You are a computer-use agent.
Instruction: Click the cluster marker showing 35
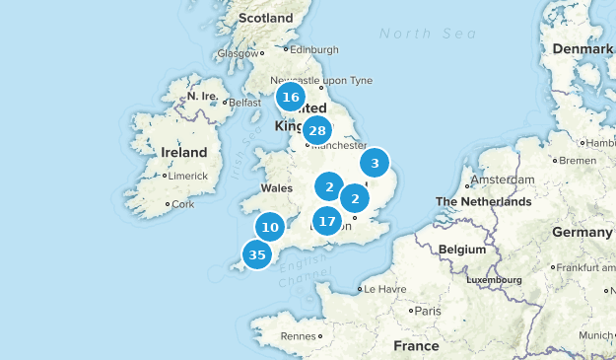(257, 255)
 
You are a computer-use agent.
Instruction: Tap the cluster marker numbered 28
(316, 130)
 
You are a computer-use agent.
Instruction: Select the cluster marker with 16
(290, 97)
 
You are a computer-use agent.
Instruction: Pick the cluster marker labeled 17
(327, 221)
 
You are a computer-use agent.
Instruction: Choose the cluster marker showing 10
(270, 228)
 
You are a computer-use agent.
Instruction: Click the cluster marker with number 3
(375, 163)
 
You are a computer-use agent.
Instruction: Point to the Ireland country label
(183, 153)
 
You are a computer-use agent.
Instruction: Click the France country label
(416, 346)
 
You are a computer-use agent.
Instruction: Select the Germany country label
(582, 232)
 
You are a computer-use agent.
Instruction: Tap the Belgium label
(462, 250)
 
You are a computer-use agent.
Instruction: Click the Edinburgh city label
(314, 49)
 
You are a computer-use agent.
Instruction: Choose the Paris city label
(427, 311)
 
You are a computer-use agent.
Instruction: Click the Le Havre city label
(385, 290)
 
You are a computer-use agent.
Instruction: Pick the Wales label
(277, 188)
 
